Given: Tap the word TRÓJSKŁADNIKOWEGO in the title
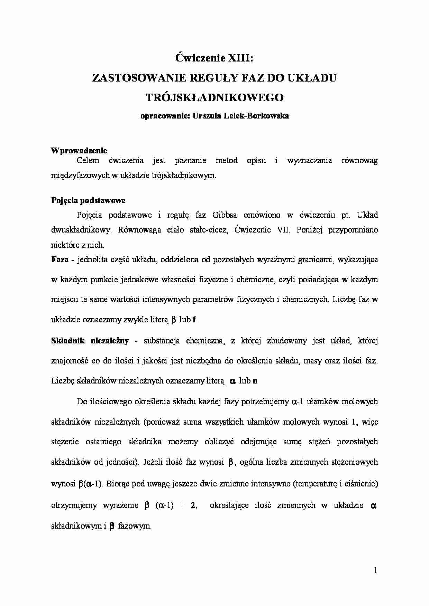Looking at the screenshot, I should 214,97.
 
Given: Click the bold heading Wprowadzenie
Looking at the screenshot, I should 79,151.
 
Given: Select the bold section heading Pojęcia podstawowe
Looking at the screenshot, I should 88,200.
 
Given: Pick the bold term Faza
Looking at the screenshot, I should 60,259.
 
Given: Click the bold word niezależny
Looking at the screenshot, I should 110,341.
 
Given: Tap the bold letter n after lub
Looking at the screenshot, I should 255,381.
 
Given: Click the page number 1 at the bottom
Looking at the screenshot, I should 375,570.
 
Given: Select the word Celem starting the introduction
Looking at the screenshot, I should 88,160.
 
